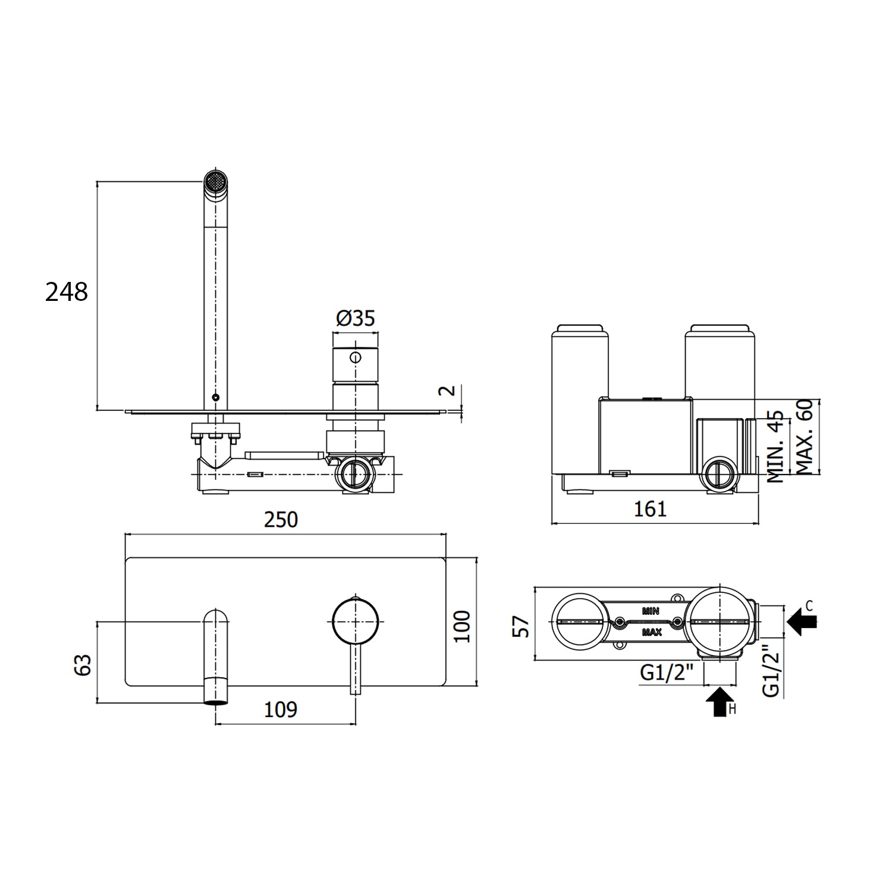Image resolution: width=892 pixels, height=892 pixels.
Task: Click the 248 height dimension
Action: click(67, 292)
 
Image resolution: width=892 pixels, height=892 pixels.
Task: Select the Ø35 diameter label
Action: click(356, 319)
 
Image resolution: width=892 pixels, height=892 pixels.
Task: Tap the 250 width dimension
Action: click(281, 520)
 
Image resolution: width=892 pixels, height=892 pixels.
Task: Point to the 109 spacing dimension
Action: click(280, 709)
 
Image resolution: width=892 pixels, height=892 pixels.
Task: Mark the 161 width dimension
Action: click(651, 509)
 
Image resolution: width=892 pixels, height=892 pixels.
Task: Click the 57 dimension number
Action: click(522, 626)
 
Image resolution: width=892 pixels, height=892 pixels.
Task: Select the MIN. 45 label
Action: click(776, 447)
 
